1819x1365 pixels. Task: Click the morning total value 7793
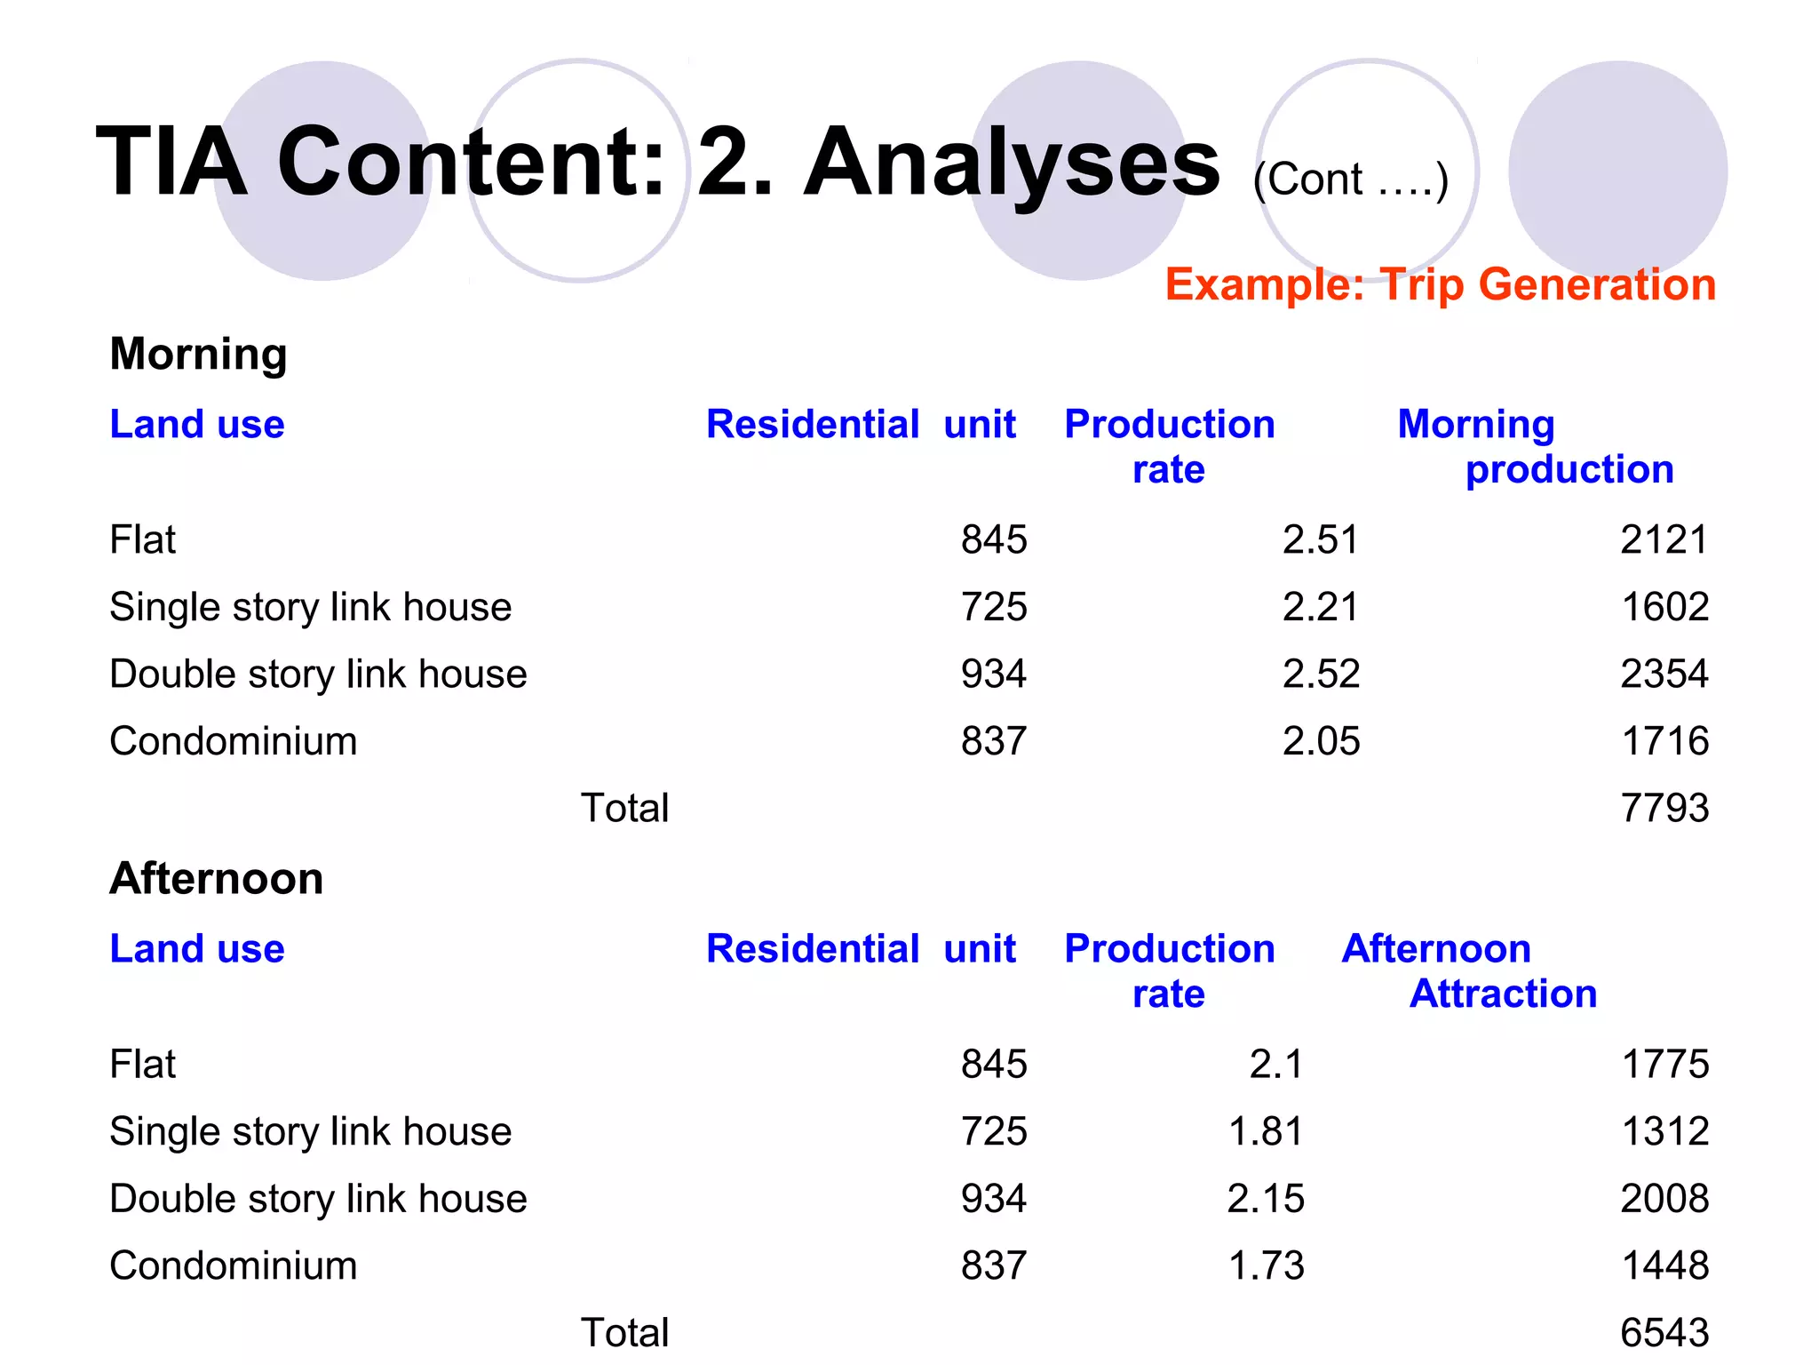[1664, 808]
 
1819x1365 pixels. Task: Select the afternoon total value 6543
[1664, 1332]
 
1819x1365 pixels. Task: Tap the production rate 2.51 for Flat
[1320, 539]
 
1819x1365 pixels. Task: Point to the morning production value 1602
[1664, 607]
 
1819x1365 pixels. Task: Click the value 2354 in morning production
[1664, 674]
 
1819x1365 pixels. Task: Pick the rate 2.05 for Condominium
[1320, 741]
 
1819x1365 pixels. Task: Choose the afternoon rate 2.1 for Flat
[1275, 1064]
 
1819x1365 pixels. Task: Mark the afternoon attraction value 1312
[1664, 1131]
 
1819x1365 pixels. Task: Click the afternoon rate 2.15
[1265, 1198]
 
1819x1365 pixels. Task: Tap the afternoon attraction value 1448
[1664, 1265]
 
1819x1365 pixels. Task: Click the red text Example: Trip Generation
[1440, 284]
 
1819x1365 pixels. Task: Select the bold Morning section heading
[198, 354]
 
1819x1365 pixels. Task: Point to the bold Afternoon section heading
[216, 878]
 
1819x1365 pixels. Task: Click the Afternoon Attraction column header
[1469, 970]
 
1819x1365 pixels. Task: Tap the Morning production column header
[1534, 446]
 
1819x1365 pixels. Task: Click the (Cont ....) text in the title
[1350, 180]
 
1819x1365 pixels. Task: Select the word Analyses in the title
[1012, 162]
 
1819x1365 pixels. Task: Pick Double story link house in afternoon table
[318, 1198]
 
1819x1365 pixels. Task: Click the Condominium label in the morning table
[233, 741]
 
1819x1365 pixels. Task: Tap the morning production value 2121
[1664, 539]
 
